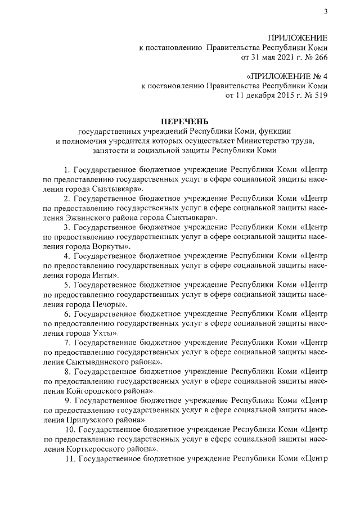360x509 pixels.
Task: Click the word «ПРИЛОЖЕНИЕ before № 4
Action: (274, 76)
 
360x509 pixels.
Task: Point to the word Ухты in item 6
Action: (105, 333)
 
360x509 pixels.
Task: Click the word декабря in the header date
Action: (251, 96)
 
